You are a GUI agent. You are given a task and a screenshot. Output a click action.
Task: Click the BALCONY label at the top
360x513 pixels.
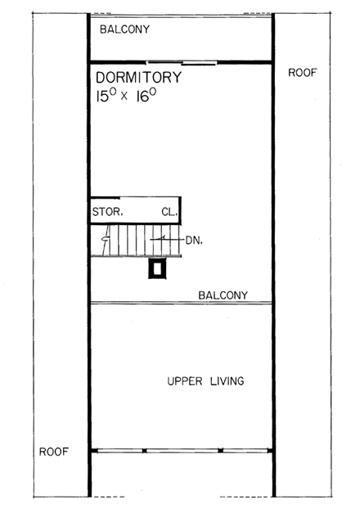(124, 29)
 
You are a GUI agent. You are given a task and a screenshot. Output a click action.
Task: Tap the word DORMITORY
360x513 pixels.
(138, 78)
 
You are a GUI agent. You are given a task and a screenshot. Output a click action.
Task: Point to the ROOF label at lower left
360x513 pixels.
(53, 452)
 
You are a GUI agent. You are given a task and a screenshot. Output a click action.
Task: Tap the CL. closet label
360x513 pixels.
(169, 212)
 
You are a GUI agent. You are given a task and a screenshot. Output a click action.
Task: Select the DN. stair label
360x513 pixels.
(193, 241)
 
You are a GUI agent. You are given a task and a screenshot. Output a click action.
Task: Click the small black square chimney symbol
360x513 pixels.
(157, 268)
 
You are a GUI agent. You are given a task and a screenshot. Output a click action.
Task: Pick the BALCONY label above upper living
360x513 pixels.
(223, 295)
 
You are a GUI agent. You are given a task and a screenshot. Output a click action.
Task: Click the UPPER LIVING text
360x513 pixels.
(205, 381)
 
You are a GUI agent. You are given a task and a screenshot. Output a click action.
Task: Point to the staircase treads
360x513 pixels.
(135, 241)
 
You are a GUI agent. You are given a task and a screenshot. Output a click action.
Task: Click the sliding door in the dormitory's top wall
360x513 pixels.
(182, 62)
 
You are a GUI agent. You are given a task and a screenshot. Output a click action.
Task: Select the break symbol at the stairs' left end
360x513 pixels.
(104, 241)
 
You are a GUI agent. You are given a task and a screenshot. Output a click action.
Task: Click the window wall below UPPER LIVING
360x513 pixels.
(181, 450)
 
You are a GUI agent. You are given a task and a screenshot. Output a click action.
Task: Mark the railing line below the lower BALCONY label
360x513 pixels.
(181, 304)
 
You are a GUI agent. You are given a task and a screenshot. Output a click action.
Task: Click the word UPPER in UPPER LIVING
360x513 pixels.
(183, 381)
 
